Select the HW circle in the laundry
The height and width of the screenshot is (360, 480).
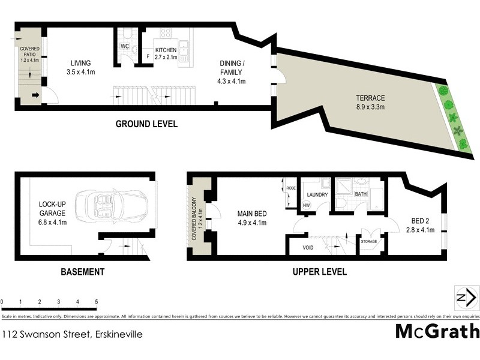(x=306, y=205)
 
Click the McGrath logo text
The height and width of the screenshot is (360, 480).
(x=437, y=331)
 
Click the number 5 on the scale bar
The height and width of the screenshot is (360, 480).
(x=96, y=301)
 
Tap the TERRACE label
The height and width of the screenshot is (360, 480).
(x=370, y=98)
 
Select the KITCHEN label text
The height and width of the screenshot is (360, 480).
(x=166, y=50)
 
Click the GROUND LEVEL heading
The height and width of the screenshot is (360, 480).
(x=146, y=125)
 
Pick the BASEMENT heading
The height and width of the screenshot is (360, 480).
(x=83, y=272)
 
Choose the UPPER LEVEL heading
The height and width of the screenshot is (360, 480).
(x=319, y=272)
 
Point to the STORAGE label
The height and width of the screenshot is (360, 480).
(x=368, y=242)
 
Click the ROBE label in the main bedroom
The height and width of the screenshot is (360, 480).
(x=291, y=188)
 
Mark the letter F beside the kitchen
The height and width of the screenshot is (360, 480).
(x=148, y=57)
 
